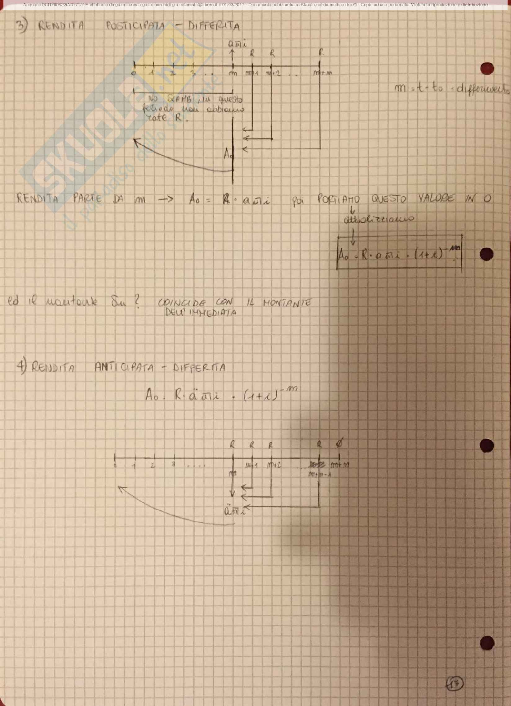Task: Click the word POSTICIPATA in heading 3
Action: click(136, 26)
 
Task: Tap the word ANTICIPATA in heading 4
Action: click(124, 368)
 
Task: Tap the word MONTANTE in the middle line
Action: click(287, 303)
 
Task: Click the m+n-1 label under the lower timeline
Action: click(319, 475)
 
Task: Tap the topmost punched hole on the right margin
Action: click(487, 69)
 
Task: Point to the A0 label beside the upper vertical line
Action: click(228, 154)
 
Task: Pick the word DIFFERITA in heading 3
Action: click(214, 26)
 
